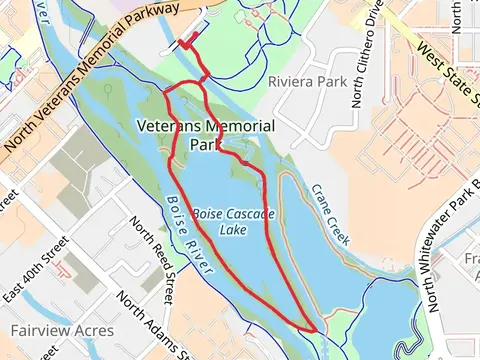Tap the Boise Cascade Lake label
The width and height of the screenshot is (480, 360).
tap(233, 221)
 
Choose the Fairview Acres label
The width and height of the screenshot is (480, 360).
tap(62, 329)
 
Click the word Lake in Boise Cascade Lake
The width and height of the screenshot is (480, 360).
tap(233, 229)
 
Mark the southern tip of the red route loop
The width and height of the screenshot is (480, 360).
tap(316, 329)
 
